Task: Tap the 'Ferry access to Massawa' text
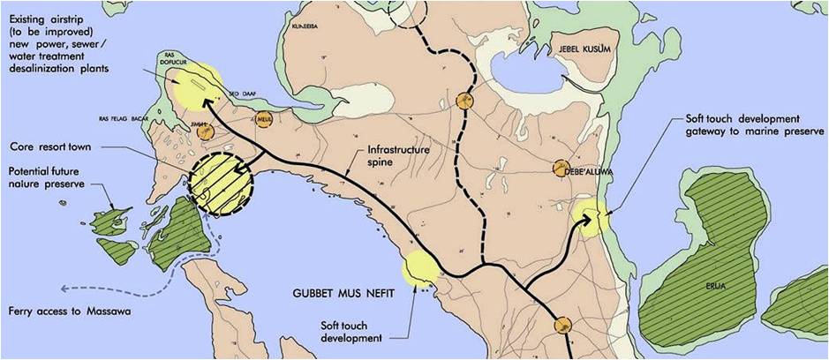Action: pyautogui.click(x=64, y=311)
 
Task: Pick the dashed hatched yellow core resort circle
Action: pyautogui.click(x=220, y=184)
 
